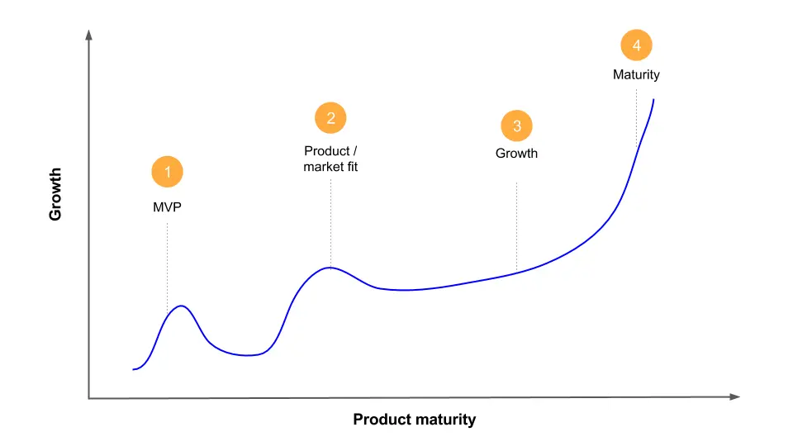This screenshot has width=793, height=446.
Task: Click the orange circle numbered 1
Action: coord(167,172)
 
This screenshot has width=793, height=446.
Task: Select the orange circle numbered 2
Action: coord(330,118)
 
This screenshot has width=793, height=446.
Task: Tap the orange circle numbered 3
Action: coord(516,126)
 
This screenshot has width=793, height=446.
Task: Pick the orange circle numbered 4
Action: coord(636,46)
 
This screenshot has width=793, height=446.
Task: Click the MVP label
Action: coord(167,206)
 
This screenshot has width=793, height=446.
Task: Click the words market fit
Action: coord(330,167)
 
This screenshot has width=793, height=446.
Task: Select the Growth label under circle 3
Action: coord(516,154)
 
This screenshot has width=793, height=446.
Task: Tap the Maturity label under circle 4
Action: coord(636,74)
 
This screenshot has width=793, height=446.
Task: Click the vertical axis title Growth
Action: coord(55,194)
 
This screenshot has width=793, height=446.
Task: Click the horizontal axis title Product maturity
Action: coord(414,420)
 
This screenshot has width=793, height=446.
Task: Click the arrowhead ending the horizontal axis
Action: coord(734,397)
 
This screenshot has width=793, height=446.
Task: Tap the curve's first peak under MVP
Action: coord(180,306)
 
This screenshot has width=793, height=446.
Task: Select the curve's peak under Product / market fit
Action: coord(330,268)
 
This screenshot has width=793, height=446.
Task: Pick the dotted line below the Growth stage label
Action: coord(516,227)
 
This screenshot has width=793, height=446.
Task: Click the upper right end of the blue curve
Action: coord(653,100)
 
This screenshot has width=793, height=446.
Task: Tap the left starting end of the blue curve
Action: coord(133,369)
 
